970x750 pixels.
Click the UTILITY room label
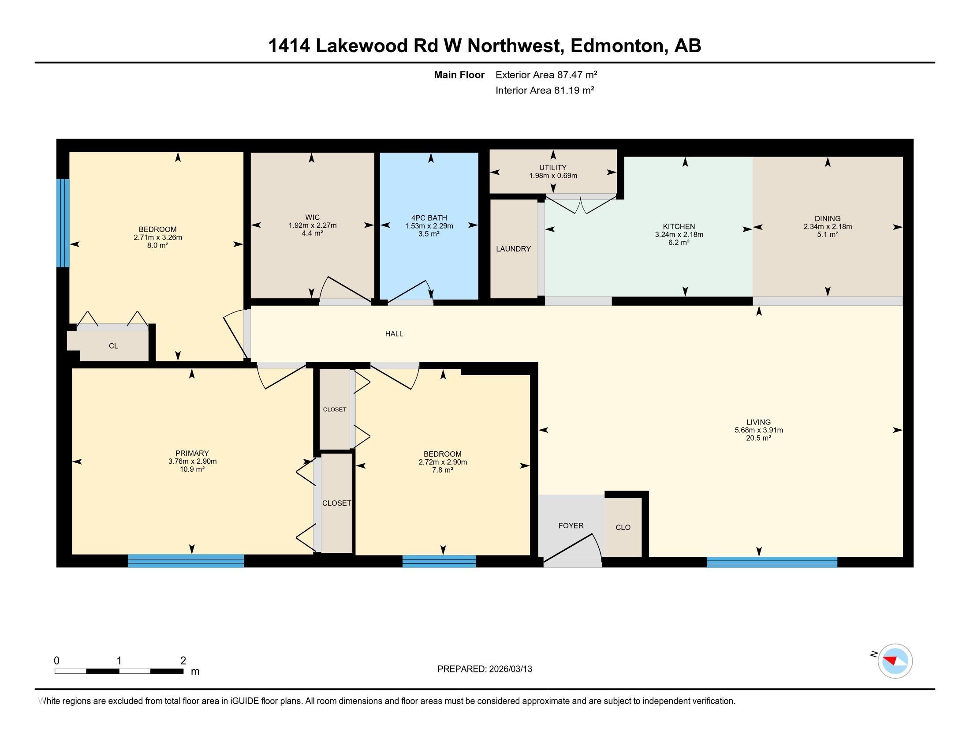[x=552, y=168]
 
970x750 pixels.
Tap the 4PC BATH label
[x=429, y=217]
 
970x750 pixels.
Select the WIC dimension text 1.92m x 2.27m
[x=312, y=225]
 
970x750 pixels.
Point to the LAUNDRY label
[x=513, y=249]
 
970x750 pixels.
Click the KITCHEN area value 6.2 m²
[x=679, y=243]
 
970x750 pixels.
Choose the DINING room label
[x=827, y=218]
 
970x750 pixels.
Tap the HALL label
[x=394, y=334]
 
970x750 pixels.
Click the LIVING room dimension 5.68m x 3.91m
[x=758, y=430]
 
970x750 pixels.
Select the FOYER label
[x=571, y=525]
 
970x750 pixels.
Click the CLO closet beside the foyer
[x=623, y=527]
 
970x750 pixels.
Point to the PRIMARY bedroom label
[x=192, y=454]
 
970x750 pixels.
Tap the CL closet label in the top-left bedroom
[x=113, y=346]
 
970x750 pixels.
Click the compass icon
[x=895, y=661]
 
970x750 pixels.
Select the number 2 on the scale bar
[x=183, y=661]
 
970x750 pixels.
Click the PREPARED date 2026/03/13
[x=510, y=669]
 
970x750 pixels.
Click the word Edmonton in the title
[x=616, y=46]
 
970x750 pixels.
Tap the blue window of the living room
[x=772, y=562]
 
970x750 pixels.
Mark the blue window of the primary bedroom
[x=186, y=561]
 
